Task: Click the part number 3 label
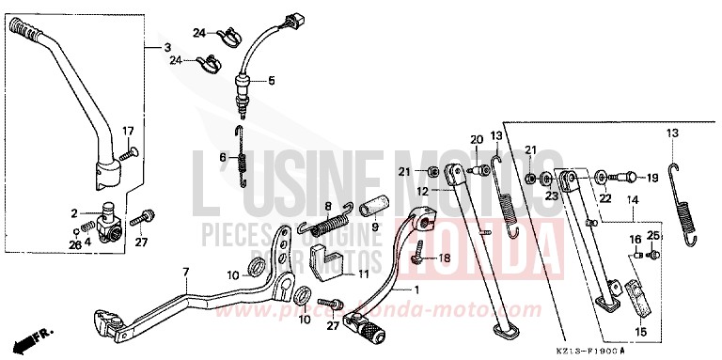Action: [167, 47]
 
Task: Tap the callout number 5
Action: [271, 80]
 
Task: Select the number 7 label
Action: [186, 272]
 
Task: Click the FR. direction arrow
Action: [37, 335]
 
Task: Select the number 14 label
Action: [633, 200]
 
